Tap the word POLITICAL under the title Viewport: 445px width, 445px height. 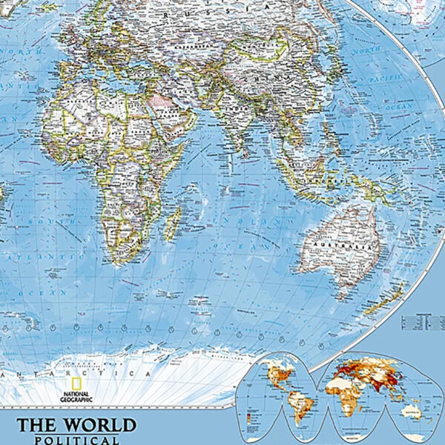[x=77, y=440]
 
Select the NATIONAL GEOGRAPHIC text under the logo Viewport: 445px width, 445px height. [x=77, y=397]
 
